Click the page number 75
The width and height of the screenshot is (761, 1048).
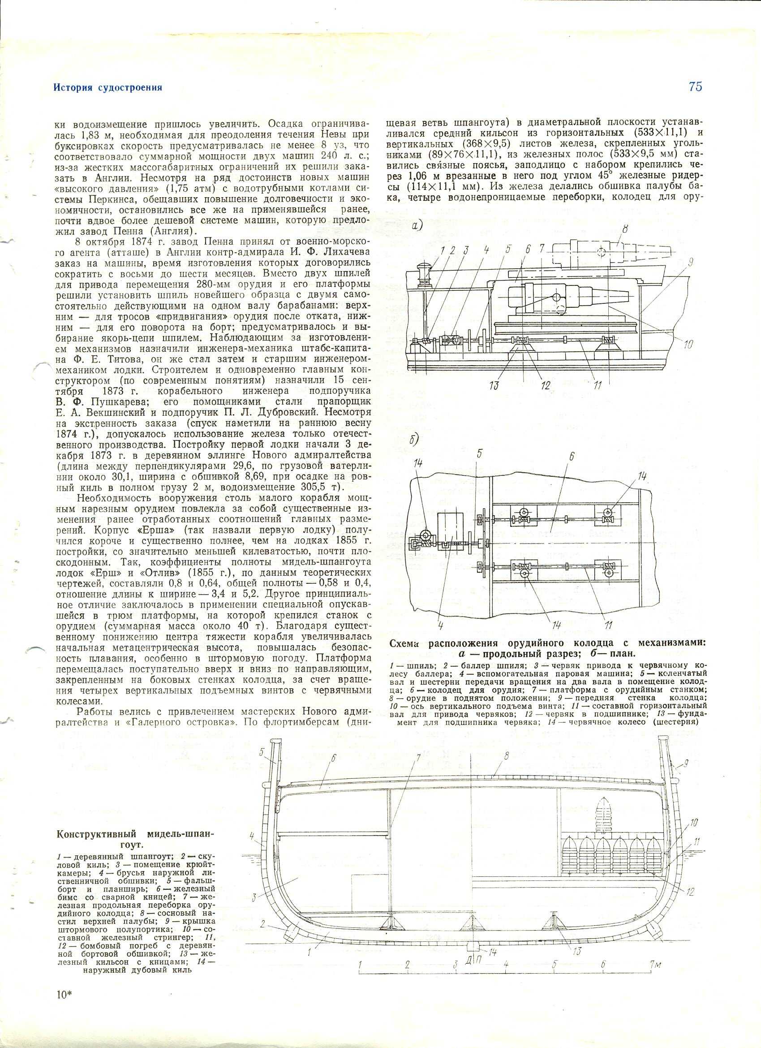pos(695,86)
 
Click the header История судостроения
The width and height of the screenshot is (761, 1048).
pos(107,88)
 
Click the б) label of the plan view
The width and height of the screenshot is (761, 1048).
pos(414,441)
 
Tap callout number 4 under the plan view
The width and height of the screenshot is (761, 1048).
pos(441,626)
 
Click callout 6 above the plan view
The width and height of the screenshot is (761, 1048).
pos(572,456)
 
